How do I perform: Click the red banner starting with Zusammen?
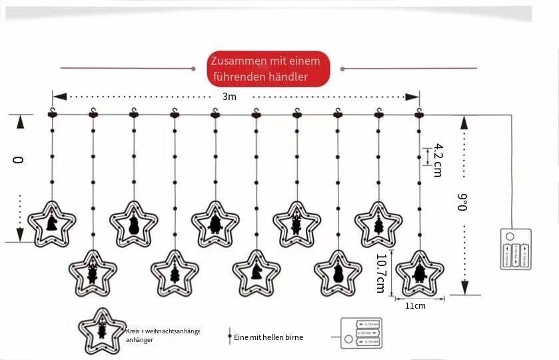click(x=269, y=69)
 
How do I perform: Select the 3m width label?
click(x=229, y=97)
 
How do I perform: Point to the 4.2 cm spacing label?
click(x=437, y=159)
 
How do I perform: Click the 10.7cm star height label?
click(x=380, y=273)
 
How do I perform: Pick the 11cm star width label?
click(x=415, y=306)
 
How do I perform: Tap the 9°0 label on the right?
click(x=462, y=202)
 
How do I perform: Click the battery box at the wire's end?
click(x=516, y=249)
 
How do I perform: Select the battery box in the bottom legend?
click(x=360, y=333)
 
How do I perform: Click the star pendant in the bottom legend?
click(x=102, y=331)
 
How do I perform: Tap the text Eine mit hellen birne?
click(x=269, y=337)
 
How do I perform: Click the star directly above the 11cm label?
click(x=419, y=273)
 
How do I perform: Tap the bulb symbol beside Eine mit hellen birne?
click(x=229, y=336)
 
